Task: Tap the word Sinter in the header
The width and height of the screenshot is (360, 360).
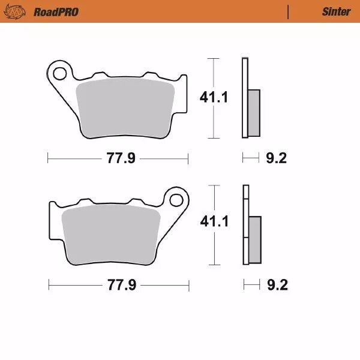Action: click(336, 11)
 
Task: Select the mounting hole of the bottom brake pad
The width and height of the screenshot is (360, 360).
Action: click(176, 199)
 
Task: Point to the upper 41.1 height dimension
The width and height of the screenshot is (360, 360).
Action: click(215, 97)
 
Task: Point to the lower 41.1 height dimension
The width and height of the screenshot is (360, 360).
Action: click(215, 221)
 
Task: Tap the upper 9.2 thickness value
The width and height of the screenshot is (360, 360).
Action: click(276, 159)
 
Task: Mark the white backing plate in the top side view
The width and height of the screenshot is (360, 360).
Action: click(245, 78)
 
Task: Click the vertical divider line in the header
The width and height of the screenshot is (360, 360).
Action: click(289, 11)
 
